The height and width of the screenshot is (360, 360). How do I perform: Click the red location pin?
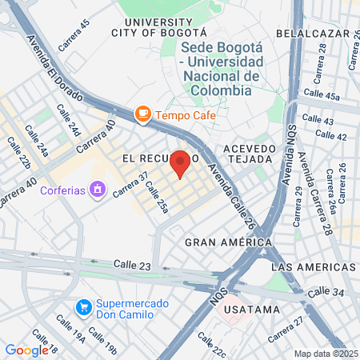coord(181,163)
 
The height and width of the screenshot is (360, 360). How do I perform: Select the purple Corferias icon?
coord(98,190)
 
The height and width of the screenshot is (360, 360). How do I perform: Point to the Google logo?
coord(26,350)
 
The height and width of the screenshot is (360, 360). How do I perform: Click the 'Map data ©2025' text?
coord(326,354)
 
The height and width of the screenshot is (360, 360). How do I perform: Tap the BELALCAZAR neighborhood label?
coord(313,34)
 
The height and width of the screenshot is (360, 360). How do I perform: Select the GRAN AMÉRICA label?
coord(223,241)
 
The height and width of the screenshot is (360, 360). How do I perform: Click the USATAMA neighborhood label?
coord(252,309)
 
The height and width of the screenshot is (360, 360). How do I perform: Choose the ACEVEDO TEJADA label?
coord(249,154)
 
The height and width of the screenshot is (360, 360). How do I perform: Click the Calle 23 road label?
coord(132,264)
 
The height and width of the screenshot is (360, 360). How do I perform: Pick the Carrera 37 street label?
coord(131,186)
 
